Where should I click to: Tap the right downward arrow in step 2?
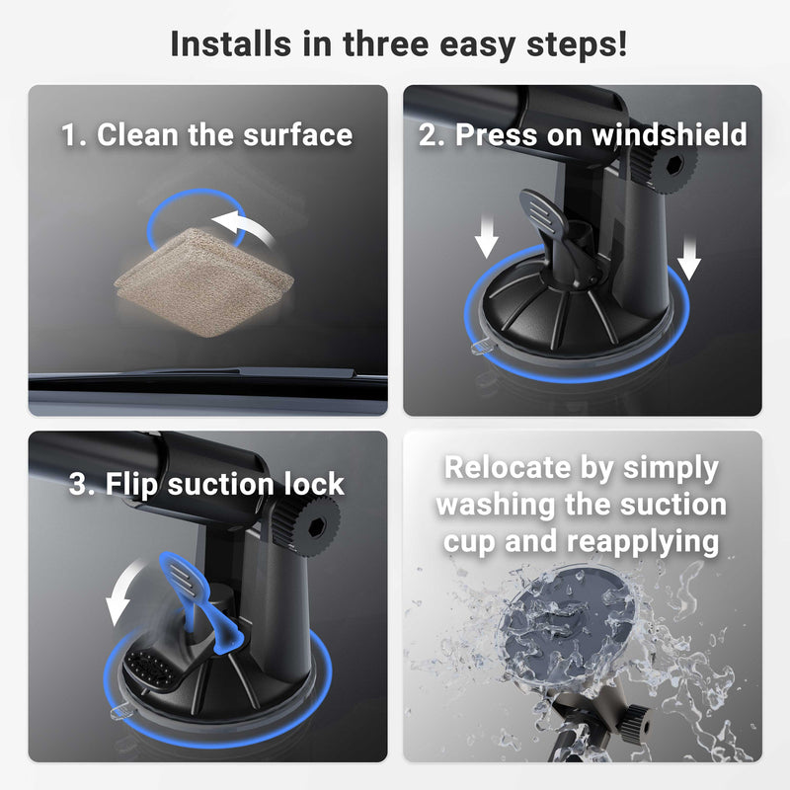coord(688,261)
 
